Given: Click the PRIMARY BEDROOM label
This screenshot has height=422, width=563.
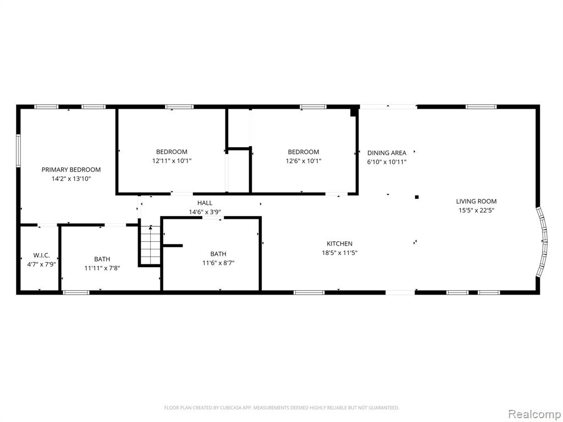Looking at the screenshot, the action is pyautogui.click(x=71, y=170).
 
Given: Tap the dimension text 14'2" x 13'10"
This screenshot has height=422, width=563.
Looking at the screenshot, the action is pyautogui.click(x=71, y=179).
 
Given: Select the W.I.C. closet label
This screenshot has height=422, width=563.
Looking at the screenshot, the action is pyautogui.click(x=42, y=256).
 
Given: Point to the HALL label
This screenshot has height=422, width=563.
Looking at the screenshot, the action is pyautogui.click(x=205, y=203).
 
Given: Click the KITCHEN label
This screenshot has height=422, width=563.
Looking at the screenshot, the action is pyautogui.click(x=339, y=243).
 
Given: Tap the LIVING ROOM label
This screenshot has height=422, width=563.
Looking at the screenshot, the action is pyautogui.click(x=477, y=201).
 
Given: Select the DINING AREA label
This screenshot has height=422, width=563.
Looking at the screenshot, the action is pyautogui.click(x=387, y=153).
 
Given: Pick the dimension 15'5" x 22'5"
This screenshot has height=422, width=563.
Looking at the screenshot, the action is pyautogui.click(x=477, y=210).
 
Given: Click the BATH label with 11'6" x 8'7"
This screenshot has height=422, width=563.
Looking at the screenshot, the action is pyautogui.click(x=218, y=254).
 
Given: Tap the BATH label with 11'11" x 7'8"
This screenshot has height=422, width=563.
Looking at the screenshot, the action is pyautogui.click(x=102, y=259).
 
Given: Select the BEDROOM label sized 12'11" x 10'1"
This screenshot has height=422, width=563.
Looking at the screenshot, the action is pyautogui.click(x=172, y=152).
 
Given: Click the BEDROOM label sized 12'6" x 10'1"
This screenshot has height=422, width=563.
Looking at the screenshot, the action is pyautogui.click(x=303, y=152).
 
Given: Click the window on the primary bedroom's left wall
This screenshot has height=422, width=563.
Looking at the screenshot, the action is pyautogui.click(x=18, y=151).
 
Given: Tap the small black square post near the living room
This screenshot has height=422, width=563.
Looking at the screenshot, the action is pyautogui.click(x=417, y=197).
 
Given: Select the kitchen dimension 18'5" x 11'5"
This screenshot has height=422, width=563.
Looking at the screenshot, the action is pyautogui.click(x=339, y=253).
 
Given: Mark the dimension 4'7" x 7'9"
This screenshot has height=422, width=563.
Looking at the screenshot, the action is pyautogui.click(x=42, y=264).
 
